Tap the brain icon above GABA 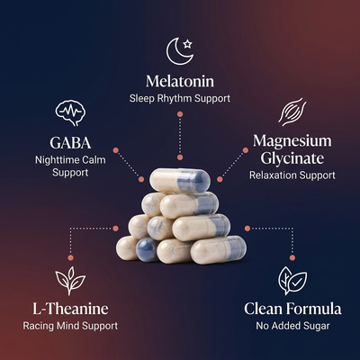pyautogui.click(x=70, y=112)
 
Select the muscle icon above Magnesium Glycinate pyautogui.click(x=292, y=112)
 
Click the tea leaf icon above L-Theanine pyautogui.click(x=70, y=280)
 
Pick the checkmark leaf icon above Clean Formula pyautogui.click(x=292, y=281)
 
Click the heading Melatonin pyautogui.click(x=180, y=81)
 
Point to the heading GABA pyautogui.click(x=70, y=143)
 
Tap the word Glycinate pyautogui.click(x=292, y=158)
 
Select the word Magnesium pyautogui.click(x=292, y=141)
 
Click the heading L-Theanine pyautogui.click(x=70, y=309)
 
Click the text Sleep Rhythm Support pyautogui.click(x=180, y=98)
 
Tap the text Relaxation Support pyautogui.click(x=292, y=175)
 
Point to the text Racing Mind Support pyautogui.click(x=70, y=326)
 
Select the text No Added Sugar pyautogui.click(x=292, y=326)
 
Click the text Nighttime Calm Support pyautogui.click(x=70, y=166)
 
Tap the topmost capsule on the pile pyautogui.click(x=180, y=181)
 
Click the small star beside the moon pyautogui.click(x=187, y=44)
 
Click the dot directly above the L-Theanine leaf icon pyautogui.click(x=70, y=257)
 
